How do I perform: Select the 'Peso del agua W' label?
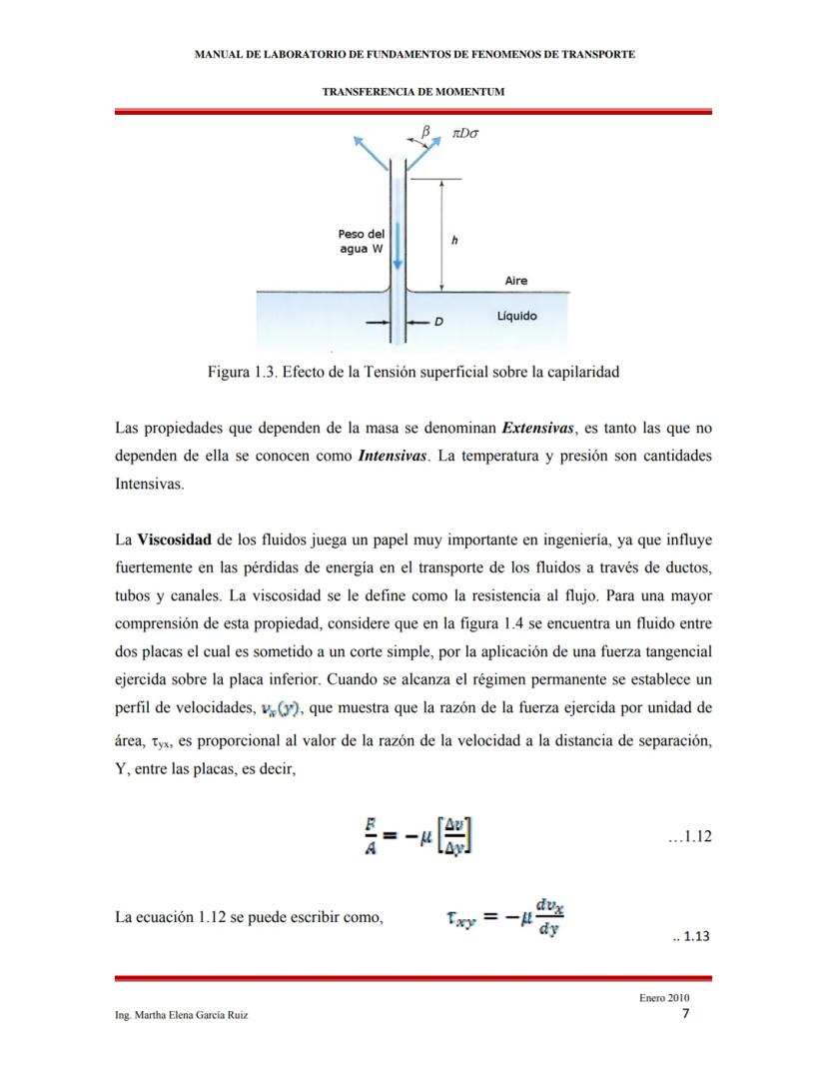click(x=362, y=241)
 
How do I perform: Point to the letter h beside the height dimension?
click(x=455, y=241)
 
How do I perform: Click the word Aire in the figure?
click(x=516, y=281)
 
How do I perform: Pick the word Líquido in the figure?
click(x=516, y=316)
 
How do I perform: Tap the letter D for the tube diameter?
click(x=437, y=323)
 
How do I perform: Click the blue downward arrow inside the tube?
click(x=397, y=246)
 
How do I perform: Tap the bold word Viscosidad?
click(x=174, y=540)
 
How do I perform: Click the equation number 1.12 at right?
click(x=689, y=836)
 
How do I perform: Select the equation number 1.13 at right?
click(x=691, y=937)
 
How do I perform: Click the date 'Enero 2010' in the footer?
click(x=664, y=998)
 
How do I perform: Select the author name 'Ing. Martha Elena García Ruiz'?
click(x=182, y=1015)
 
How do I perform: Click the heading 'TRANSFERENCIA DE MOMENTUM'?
click(x=413, y=92)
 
